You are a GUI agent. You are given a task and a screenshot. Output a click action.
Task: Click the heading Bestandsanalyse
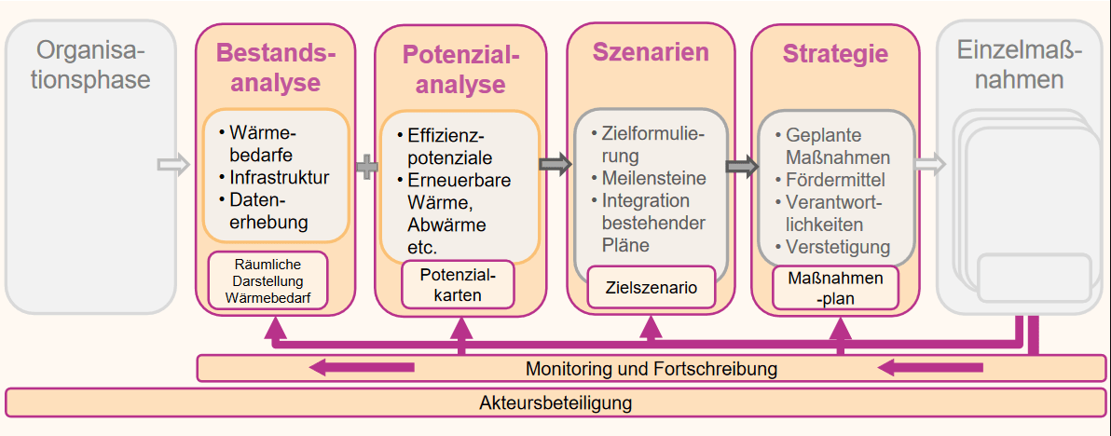click(x=276, y=68)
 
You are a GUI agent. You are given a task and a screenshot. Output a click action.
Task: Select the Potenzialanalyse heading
click(x=461, y=69)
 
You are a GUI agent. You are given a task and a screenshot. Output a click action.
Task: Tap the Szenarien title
click(x=651, y=52)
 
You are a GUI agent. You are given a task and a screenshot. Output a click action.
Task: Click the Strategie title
click(x=835, y=53)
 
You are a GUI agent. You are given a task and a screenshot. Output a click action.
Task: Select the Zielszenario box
click(x=652, y=287)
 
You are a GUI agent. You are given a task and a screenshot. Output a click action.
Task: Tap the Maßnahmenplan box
click(x=835, y=287)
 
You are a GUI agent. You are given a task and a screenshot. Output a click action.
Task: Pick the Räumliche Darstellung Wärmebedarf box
click(x=267, y=280)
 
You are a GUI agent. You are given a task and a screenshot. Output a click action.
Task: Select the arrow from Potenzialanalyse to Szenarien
click(x=555, y=164)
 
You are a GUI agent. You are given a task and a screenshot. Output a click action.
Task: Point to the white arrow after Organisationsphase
click(x=173, y=164)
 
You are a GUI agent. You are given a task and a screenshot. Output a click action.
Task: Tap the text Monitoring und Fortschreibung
click(x=652, y=369)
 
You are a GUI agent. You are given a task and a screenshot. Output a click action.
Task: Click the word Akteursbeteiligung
click(x=555, y=403)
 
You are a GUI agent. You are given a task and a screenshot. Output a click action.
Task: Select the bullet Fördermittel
click(x=830, y=179)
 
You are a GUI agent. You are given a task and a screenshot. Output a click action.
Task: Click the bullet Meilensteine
click(x=650, y=177)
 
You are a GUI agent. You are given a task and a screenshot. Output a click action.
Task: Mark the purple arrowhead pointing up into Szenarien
click(x=652, y=326)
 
